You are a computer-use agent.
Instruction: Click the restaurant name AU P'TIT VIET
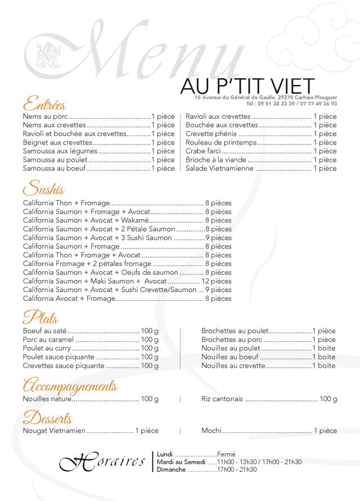[247, 86]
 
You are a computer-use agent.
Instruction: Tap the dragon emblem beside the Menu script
[48, 55]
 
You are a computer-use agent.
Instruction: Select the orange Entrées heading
[44, 105]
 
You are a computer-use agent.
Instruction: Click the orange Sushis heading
[43, 189]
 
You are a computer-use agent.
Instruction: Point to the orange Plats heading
[40, 318]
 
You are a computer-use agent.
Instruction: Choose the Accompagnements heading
[70, 386]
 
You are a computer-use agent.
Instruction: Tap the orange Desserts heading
[47, 418]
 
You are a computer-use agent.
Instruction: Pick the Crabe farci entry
[203, 151]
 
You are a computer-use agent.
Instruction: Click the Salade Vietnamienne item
[219, 168]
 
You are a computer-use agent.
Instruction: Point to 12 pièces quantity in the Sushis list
[217, 281]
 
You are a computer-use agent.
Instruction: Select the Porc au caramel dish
[48, 340]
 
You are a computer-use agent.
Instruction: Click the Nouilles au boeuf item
[229, 356]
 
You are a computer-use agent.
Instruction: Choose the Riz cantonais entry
[222, 399]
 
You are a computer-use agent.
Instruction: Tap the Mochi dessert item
[211, 431]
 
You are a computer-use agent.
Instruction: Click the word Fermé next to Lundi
[226, 454]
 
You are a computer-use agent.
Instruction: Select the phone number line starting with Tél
[291, 103]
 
